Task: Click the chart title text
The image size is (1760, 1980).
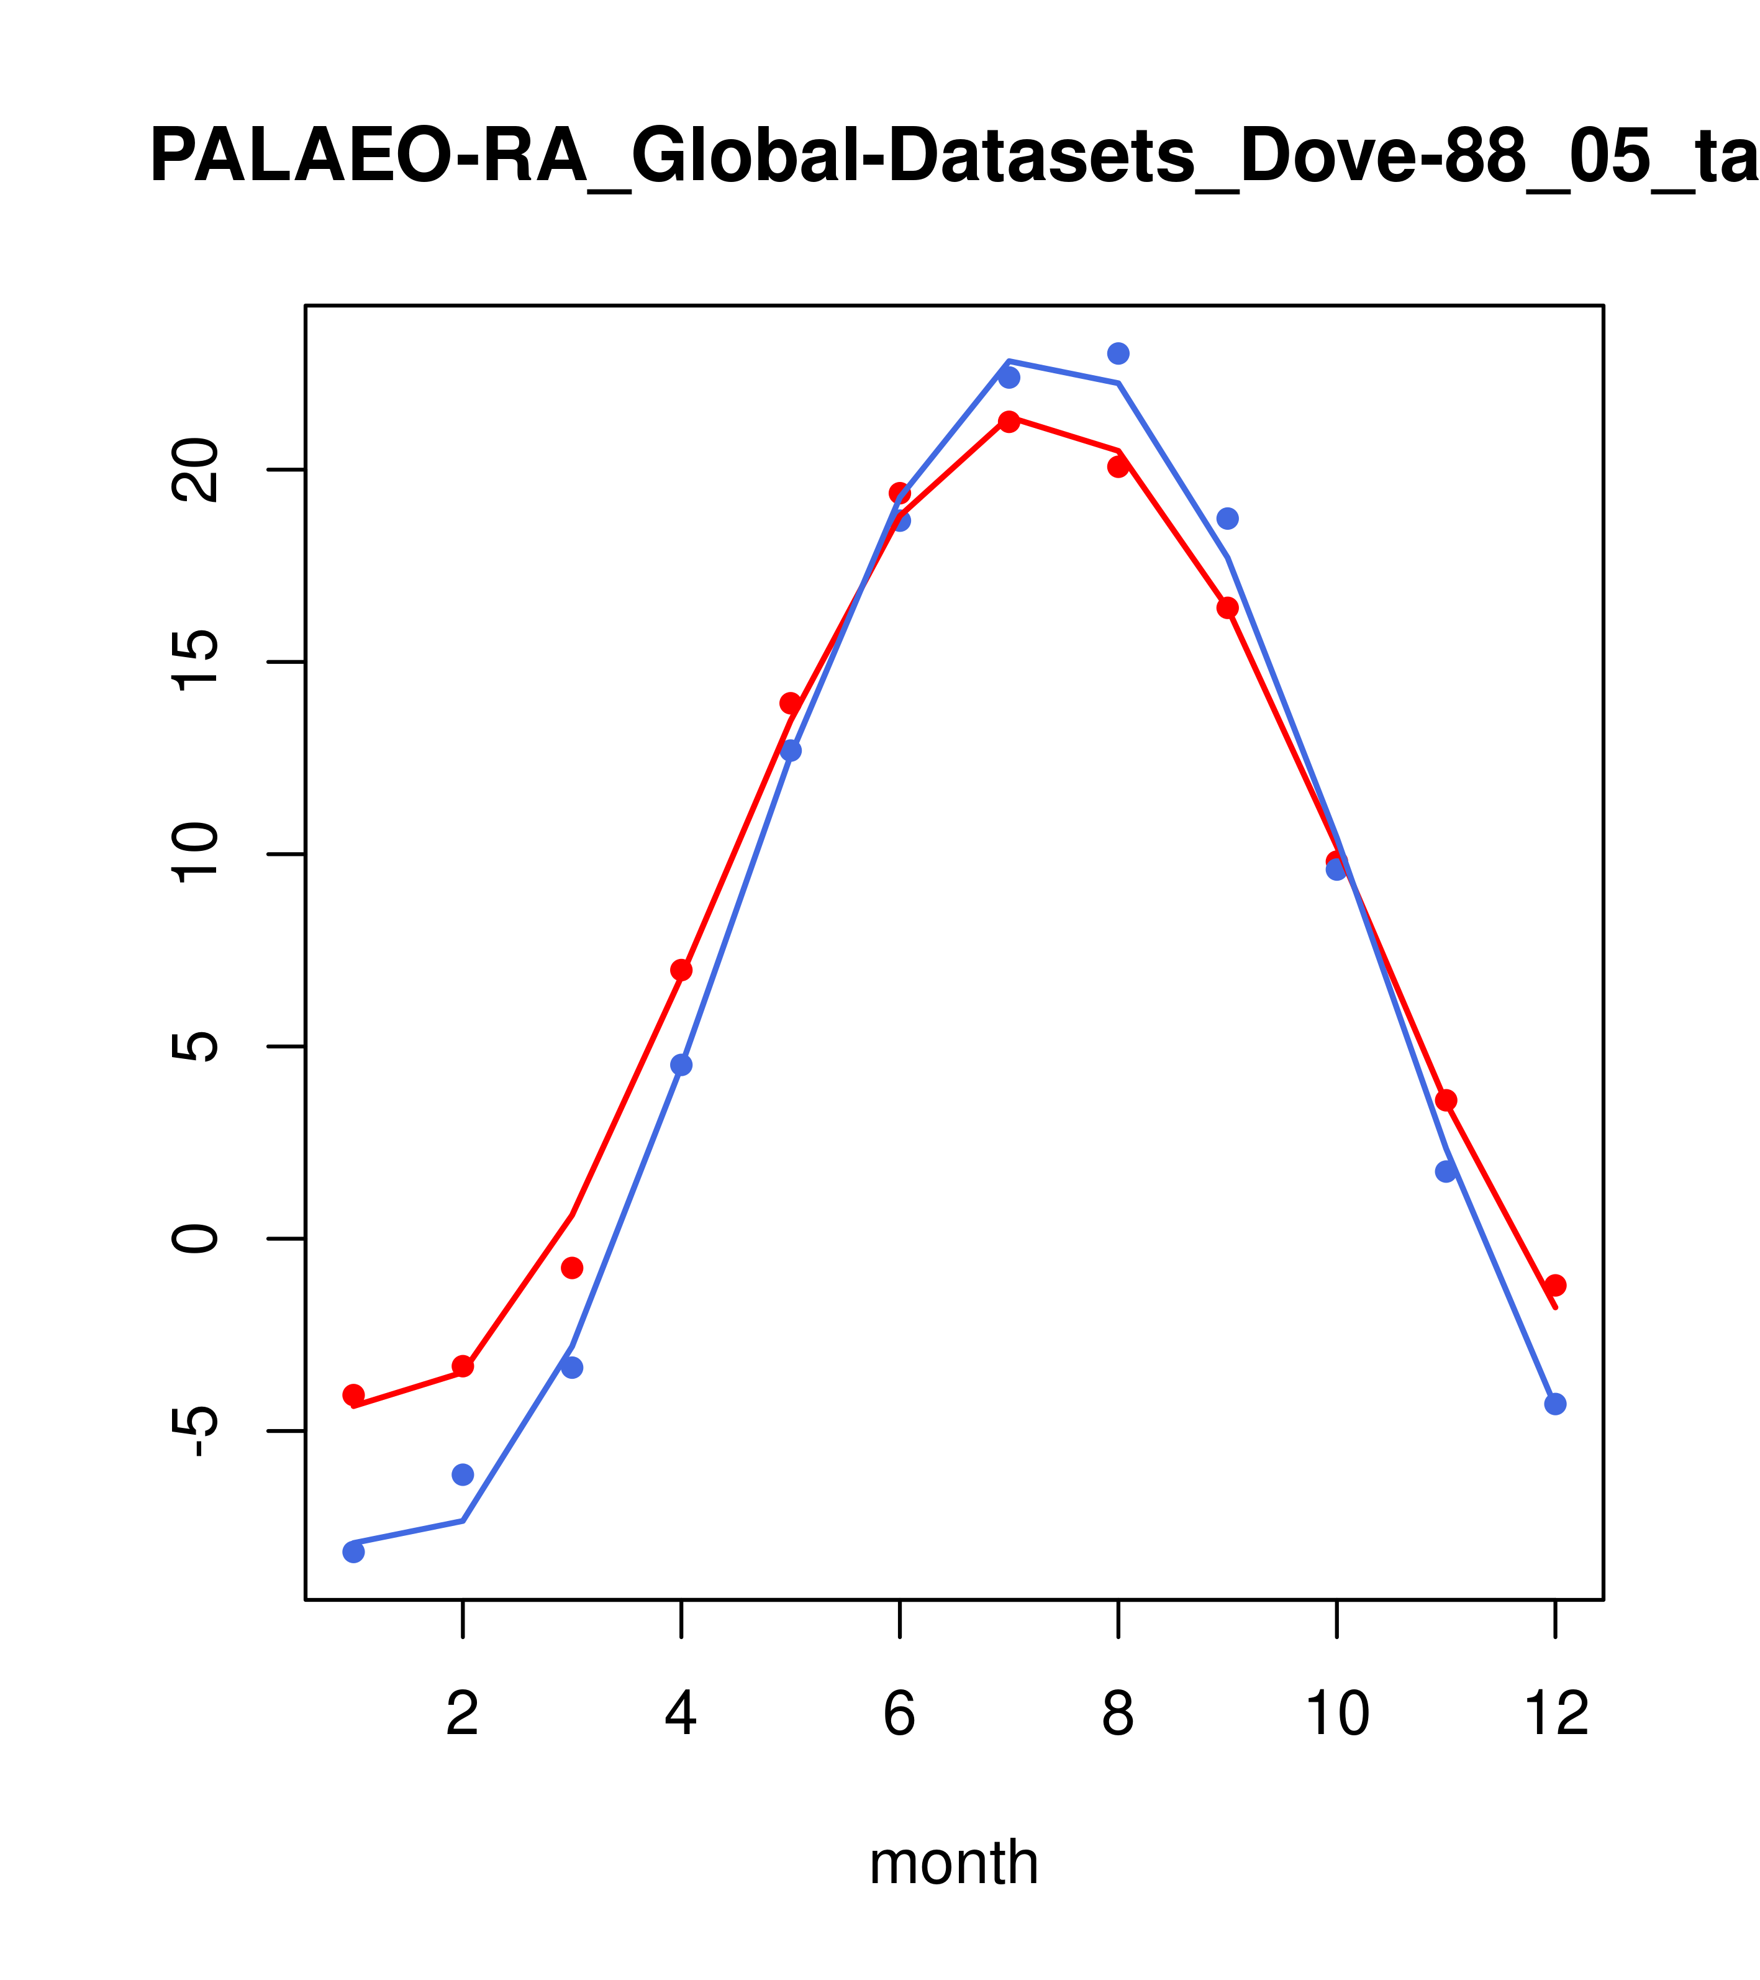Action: pos(954,157)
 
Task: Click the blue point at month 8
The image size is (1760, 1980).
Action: pos(1118,353)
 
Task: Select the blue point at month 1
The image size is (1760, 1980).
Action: pos(353,1552)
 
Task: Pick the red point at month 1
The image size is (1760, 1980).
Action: pos(353,1395)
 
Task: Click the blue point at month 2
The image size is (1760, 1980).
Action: pos(463,1474)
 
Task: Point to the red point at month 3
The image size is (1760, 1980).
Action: pos(573,1268)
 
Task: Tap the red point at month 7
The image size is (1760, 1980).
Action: pos(1009,421)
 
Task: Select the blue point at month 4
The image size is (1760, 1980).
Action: pos(681,1065)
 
